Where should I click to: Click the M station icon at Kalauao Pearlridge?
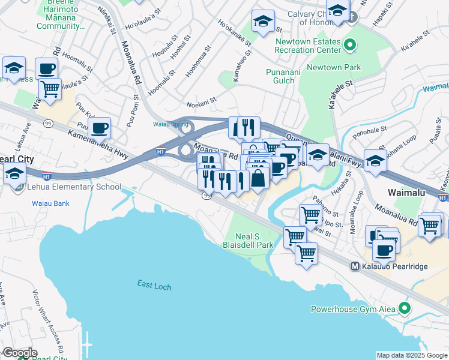pyautogui.click(x=355, y=266)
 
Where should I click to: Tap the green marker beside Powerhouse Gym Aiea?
pyautogui.click(x=405, y=309)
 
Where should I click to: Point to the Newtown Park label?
pyautogui.click(x=334, y=67)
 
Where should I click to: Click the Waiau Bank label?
pyautogui.click(x=50, y=203)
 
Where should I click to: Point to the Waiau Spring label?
pyautogui.click(x=166, y=125)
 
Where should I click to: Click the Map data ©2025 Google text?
pyautogui.click(x=411, y=355)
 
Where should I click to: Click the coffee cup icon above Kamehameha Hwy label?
pyautogui.click(x=100, y=127)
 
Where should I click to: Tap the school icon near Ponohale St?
pyautogui.click(x=375, y=160)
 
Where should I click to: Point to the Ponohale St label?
pyautogui.click(x=370, y=130)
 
